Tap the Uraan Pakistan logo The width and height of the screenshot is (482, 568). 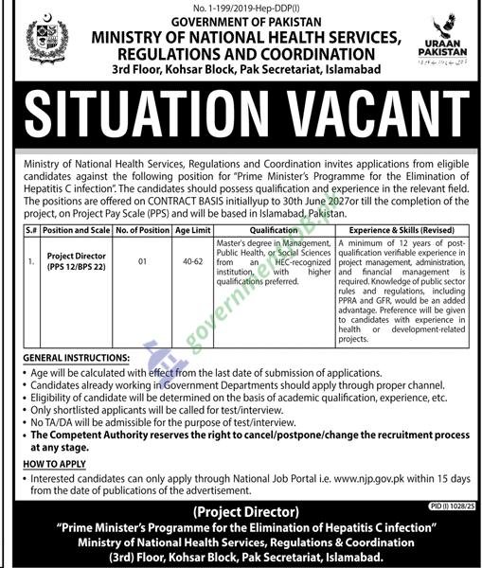pyautogui.click(x=440, y=39)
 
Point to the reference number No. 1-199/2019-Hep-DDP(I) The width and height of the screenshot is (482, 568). pyautogui.click(x=241, y=6)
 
